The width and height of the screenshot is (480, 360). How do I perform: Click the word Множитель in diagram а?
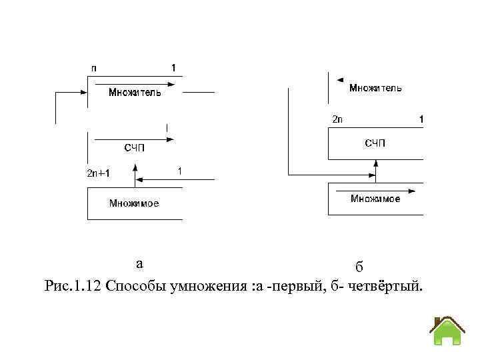click(x=135, y=93)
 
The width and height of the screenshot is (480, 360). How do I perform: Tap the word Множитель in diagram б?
click(x=375, y=87)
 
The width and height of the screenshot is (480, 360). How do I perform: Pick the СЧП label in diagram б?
click(x=375, y=143)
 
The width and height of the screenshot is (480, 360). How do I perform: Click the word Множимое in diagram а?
click(x=134, y=203)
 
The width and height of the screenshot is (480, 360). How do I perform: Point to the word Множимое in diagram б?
click(x=375, y=199)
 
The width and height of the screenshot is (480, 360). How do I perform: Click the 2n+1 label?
click(x=99, y=173)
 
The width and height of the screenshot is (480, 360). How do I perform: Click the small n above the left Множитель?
click(x=93, y=68)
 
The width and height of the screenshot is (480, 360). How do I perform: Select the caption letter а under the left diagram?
click(x=139, y=263)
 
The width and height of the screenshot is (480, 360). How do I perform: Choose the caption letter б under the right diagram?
click(x=359, y=267)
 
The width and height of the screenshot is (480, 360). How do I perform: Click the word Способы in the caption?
click(x=132, y=287)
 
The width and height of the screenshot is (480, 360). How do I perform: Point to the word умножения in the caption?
click(x=213, y=287)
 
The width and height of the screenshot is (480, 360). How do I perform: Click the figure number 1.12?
click(x=87, y=287)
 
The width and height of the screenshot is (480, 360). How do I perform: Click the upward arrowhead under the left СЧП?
click(x=135, y=169)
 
